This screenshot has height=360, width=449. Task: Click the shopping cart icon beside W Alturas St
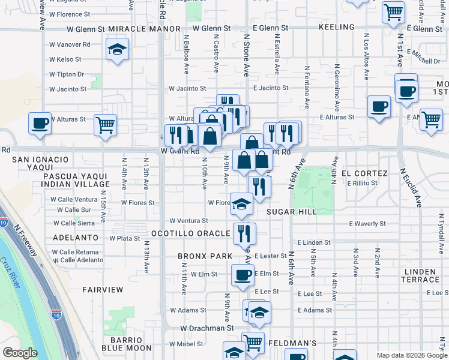pyautogui.click(x=105, y=125)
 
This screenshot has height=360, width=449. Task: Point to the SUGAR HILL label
pyautogui.click(x=291, y=212)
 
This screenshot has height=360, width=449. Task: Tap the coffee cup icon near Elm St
pyautogui.click(x=243, y=275)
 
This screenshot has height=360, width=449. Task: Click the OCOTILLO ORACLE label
pyautogui.click(x=190, y=233)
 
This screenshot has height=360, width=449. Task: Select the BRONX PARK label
pyautogui.click(x=205, y=256)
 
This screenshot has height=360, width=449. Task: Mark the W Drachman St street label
pyautogui.click(x=207, y=328)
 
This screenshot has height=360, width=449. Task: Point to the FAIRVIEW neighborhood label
pyautogui.click(x=103, y=290)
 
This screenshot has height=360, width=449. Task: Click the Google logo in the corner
pyautogui.click(x=20, y=352)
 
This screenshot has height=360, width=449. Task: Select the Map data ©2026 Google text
pyautogui.click(x=412, y=355)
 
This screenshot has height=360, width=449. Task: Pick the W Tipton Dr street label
pyautogui.click(x=67, y=74)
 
